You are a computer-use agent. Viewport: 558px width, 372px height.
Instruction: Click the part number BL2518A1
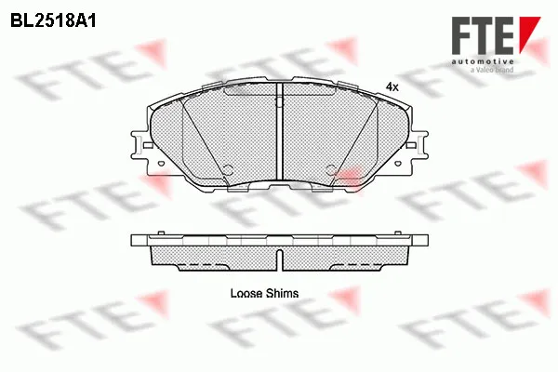53,21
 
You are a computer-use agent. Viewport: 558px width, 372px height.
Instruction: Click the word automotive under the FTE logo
483,62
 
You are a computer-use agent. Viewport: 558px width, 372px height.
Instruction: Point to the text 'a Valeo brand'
492,70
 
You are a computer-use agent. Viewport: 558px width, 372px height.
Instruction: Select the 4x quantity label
392,86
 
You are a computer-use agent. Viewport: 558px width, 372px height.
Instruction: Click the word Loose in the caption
246,293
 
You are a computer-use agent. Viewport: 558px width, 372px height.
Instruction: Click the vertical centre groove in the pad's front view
279,132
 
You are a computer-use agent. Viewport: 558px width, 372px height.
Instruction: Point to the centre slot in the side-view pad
280,259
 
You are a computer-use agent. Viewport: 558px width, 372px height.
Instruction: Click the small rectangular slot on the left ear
148,145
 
